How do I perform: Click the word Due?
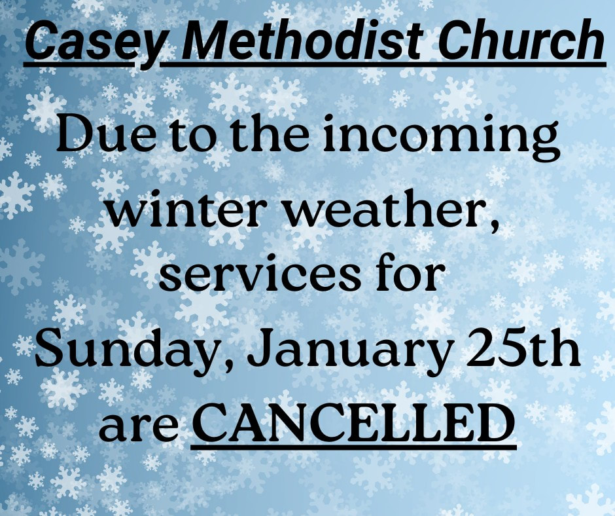point(106,134)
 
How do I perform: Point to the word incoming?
point(441,138)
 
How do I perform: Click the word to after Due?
point(190,137)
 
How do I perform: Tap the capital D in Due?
point(76,134)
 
